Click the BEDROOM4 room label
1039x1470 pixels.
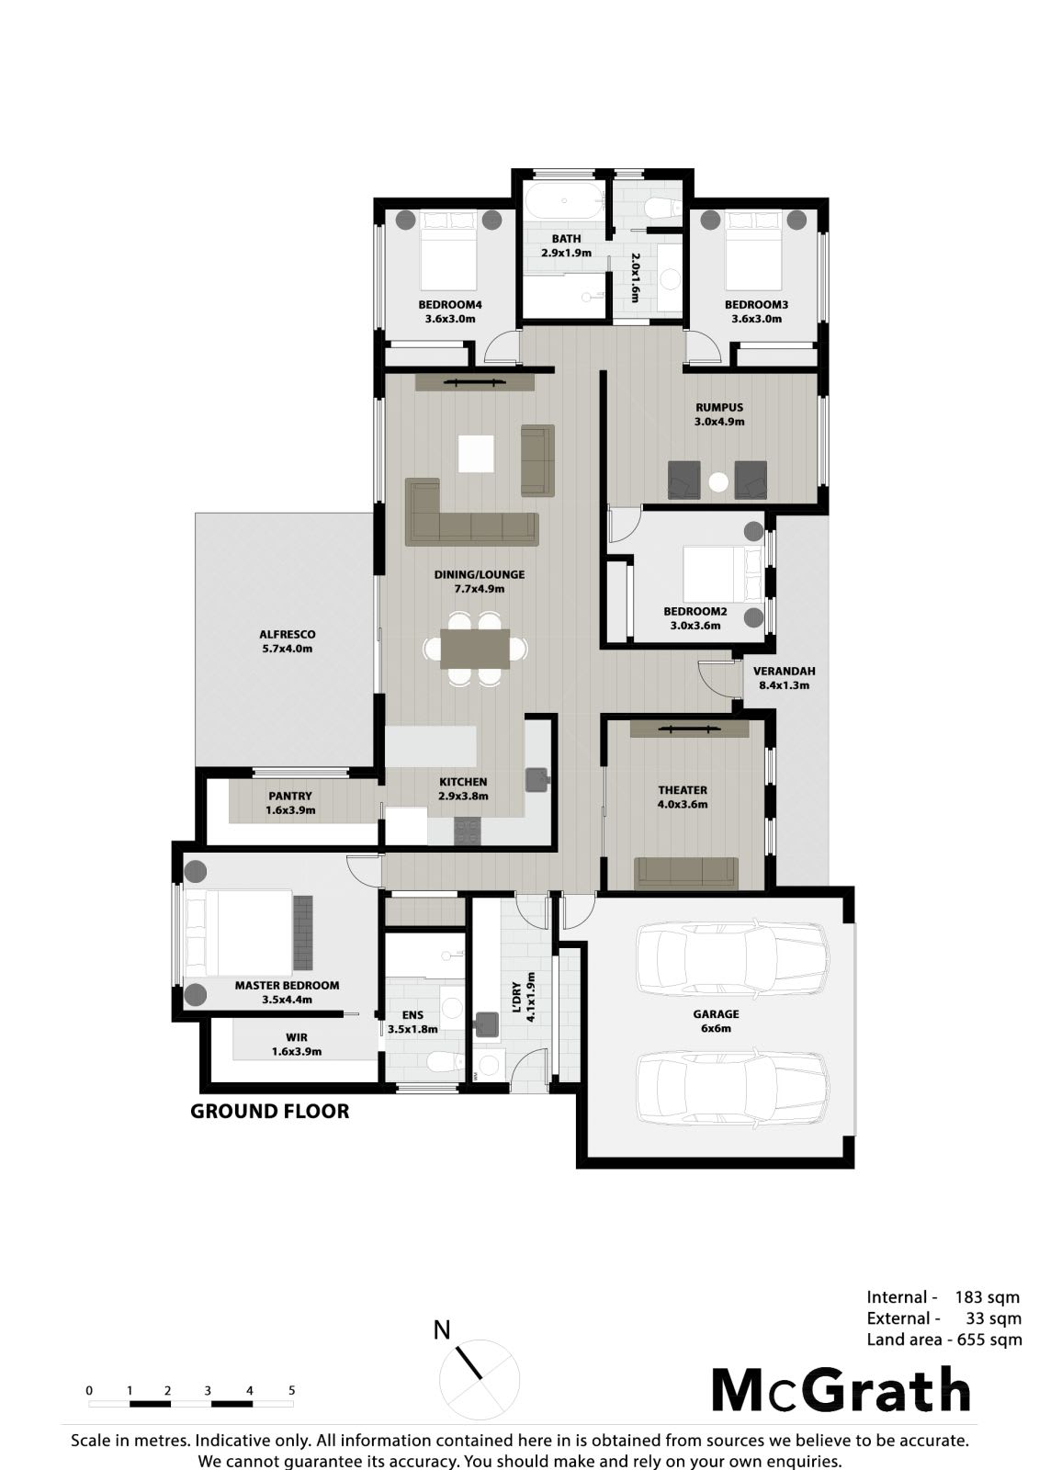coord(449,304)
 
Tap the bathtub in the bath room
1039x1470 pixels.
coord(565,201)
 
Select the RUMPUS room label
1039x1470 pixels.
coord(719,408)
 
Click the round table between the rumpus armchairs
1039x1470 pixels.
coord(718,482)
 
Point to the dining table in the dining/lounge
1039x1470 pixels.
coord(475,649)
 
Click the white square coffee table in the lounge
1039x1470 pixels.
coord(476,454)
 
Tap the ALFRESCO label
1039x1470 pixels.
coord(287,635)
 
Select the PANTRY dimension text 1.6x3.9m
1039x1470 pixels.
coord(290,810)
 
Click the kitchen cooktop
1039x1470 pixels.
coord(468,831)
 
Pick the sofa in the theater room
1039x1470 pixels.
coord(686,873)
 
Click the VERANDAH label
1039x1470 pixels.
coord(784,672)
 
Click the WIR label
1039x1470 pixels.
coord(297,1037)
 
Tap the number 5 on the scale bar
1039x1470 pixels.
coord(291,1391)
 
